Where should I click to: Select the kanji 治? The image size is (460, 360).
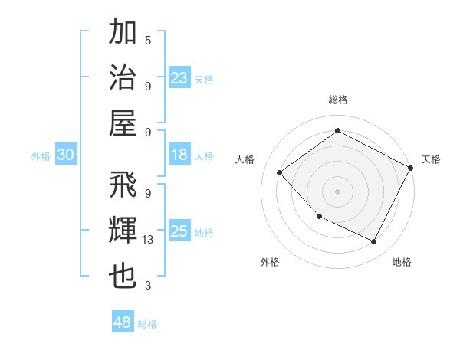coord(123,77)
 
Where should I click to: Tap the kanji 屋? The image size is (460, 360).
coord(123,122)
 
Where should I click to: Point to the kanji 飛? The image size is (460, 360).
coord(123,186)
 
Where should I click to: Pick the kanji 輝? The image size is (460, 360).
coord(123,231)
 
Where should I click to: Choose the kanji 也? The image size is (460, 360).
coord(123,277)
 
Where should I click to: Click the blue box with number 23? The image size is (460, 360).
coord(179,78)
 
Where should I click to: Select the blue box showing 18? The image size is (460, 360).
coord(179,155)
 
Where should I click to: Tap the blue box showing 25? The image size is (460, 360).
coord(179,231)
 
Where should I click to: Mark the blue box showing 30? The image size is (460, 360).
coord(65,155)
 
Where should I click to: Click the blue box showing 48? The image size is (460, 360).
coord(123,322)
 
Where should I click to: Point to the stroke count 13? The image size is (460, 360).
coord(148,241)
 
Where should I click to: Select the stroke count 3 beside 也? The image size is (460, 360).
coord(148,286)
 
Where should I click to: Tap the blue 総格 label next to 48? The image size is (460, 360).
coord(147,324)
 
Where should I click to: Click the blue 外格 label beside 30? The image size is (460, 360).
coord(41,156)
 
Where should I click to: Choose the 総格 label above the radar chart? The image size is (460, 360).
coord(337,100)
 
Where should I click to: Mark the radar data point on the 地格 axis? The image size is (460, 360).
coord(374,242)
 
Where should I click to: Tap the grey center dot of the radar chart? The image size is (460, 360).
coord(337,191)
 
